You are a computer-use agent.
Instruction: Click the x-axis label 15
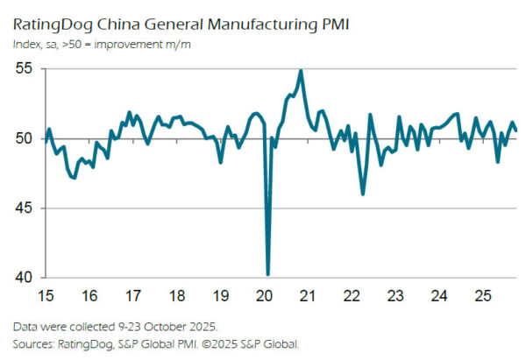click(x=48, y=294)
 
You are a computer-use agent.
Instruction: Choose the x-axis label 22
click(x=351, y=294)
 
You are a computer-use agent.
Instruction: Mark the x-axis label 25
click(x=481, y=294)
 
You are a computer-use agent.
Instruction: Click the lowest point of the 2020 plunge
click(x=267, y=274)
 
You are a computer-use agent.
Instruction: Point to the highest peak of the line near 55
click(x=301, y=71)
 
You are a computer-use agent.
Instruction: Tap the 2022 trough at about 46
click(x=363, y=194)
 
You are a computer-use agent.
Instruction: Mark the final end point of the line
click(x=515, y=131)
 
